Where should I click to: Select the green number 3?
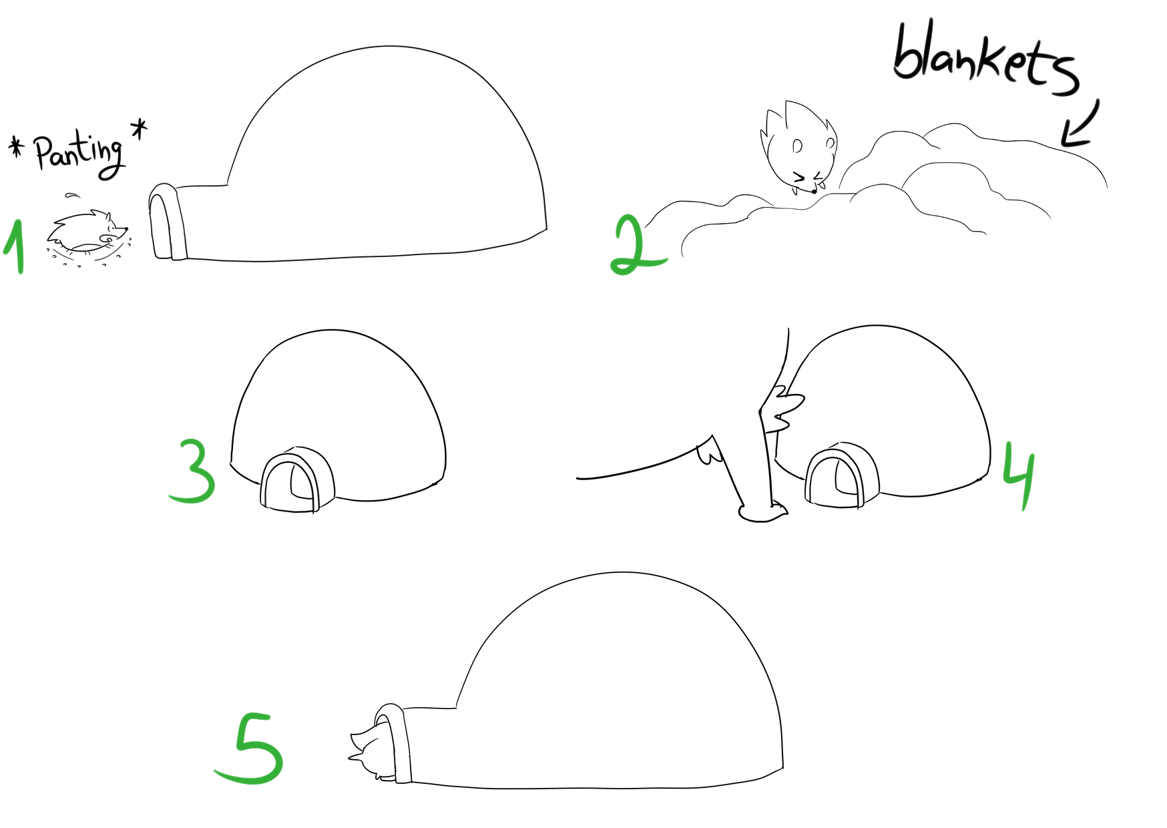point(194,471)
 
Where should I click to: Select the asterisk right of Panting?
point(139,128)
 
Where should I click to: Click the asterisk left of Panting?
point(16,147)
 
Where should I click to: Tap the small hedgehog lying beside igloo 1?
point(87,232)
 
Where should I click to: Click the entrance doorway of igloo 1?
point(166,222)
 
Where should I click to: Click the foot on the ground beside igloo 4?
point(763,511)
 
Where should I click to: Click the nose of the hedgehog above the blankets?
point(814,191)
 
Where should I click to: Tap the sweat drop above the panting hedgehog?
point(72,196)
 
